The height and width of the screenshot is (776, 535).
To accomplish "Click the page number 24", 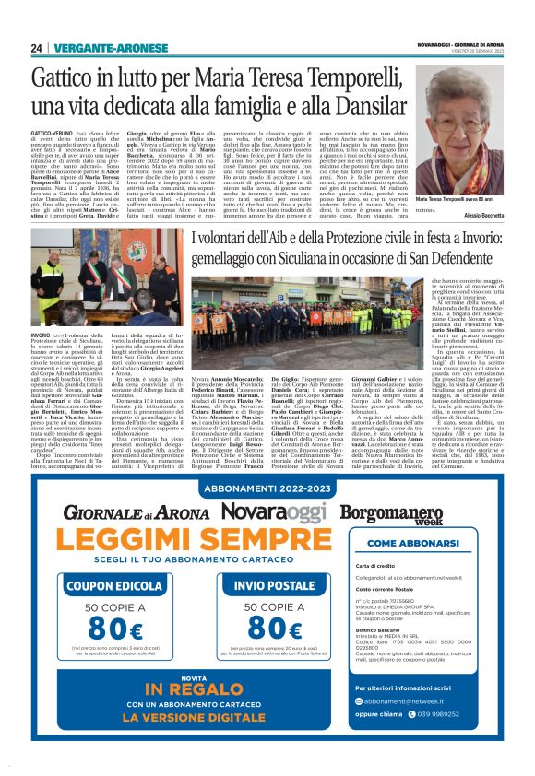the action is click(x=37, y=47).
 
